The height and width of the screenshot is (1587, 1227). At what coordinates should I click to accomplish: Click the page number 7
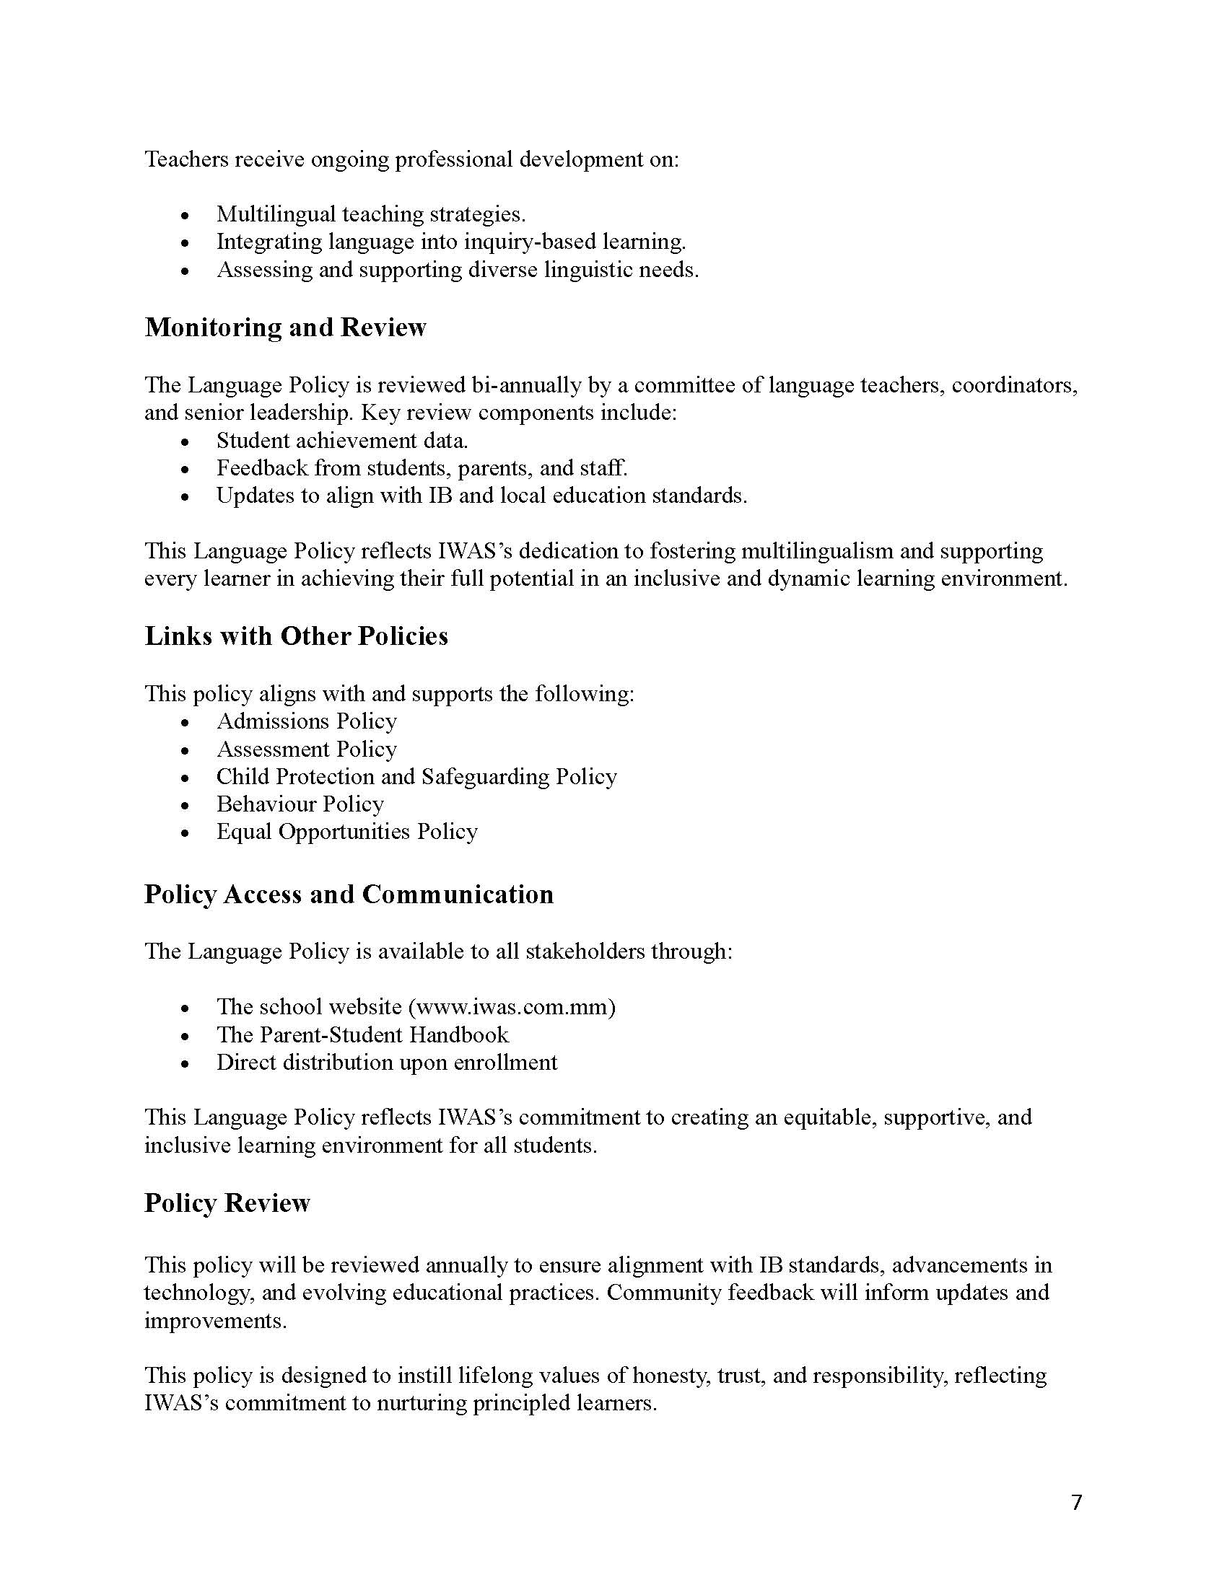pos(1077,1502)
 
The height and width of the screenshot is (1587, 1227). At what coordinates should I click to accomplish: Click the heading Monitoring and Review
pos(285,327)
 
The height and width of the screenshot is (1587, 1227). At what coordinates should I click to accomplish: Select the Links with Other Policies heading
pos(296,636)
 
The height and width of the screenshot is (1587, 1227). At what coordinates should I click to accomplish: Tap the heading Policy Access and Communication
pos(348,894)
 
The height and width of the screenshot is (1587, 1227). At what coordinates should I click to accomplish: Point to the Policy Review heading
pos(227,1203)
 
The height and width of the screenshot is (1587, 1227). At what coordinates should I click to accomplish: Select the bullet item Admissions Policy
pos(306,721)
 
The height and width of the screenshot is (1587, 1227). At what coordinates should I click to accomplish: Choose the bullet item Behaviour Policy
pos(300,804)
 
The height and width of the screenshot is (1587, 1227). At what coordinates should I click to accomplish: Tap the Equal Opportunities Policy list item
pos(346,831)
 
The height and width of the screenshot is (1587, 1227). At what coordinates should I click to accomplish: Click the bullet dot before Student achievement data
pos(186,441)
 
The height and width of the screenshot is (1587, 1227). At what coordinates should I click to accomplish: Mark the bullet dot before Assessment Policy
pos(186,751)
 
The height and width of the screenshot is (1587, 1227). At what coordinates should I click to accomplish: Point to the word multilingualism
pos(816,551)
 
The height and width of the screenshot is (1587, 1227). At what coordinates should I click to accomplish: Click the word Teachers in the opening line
pos(185,159)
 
